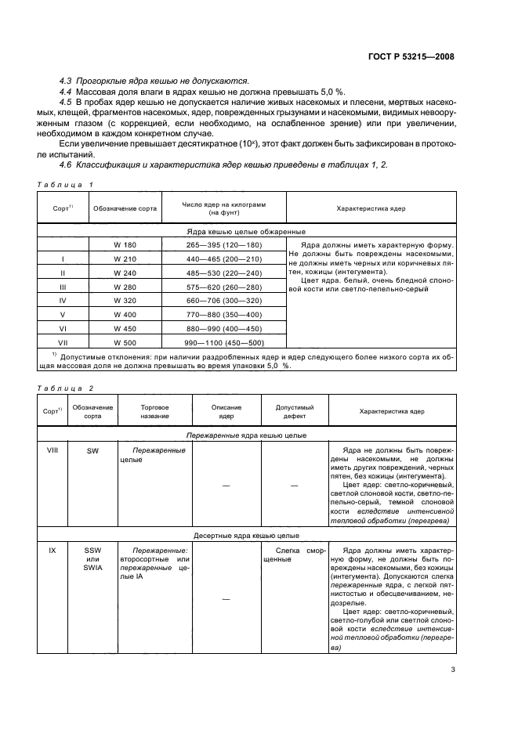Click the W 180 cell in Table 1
pos(125,245)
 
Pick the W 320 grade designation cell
pos(125,300)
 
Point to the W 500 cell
pos(125,343)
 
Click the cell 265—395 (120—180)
pos(223,245)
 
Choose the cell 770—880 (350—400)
pos(223,314)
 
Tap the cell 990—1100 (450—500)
pos(223,343)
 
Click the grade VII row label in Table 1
pos(62,343)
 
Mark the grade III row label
pos(62,287)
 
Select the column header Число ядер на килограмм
pos(223,208)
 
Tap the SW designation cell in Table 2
pos(93,451)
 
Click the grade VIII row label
pos(53,451)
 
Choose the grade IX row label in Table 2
pos(53,551)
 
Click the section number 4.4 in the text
pos(67,92)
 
